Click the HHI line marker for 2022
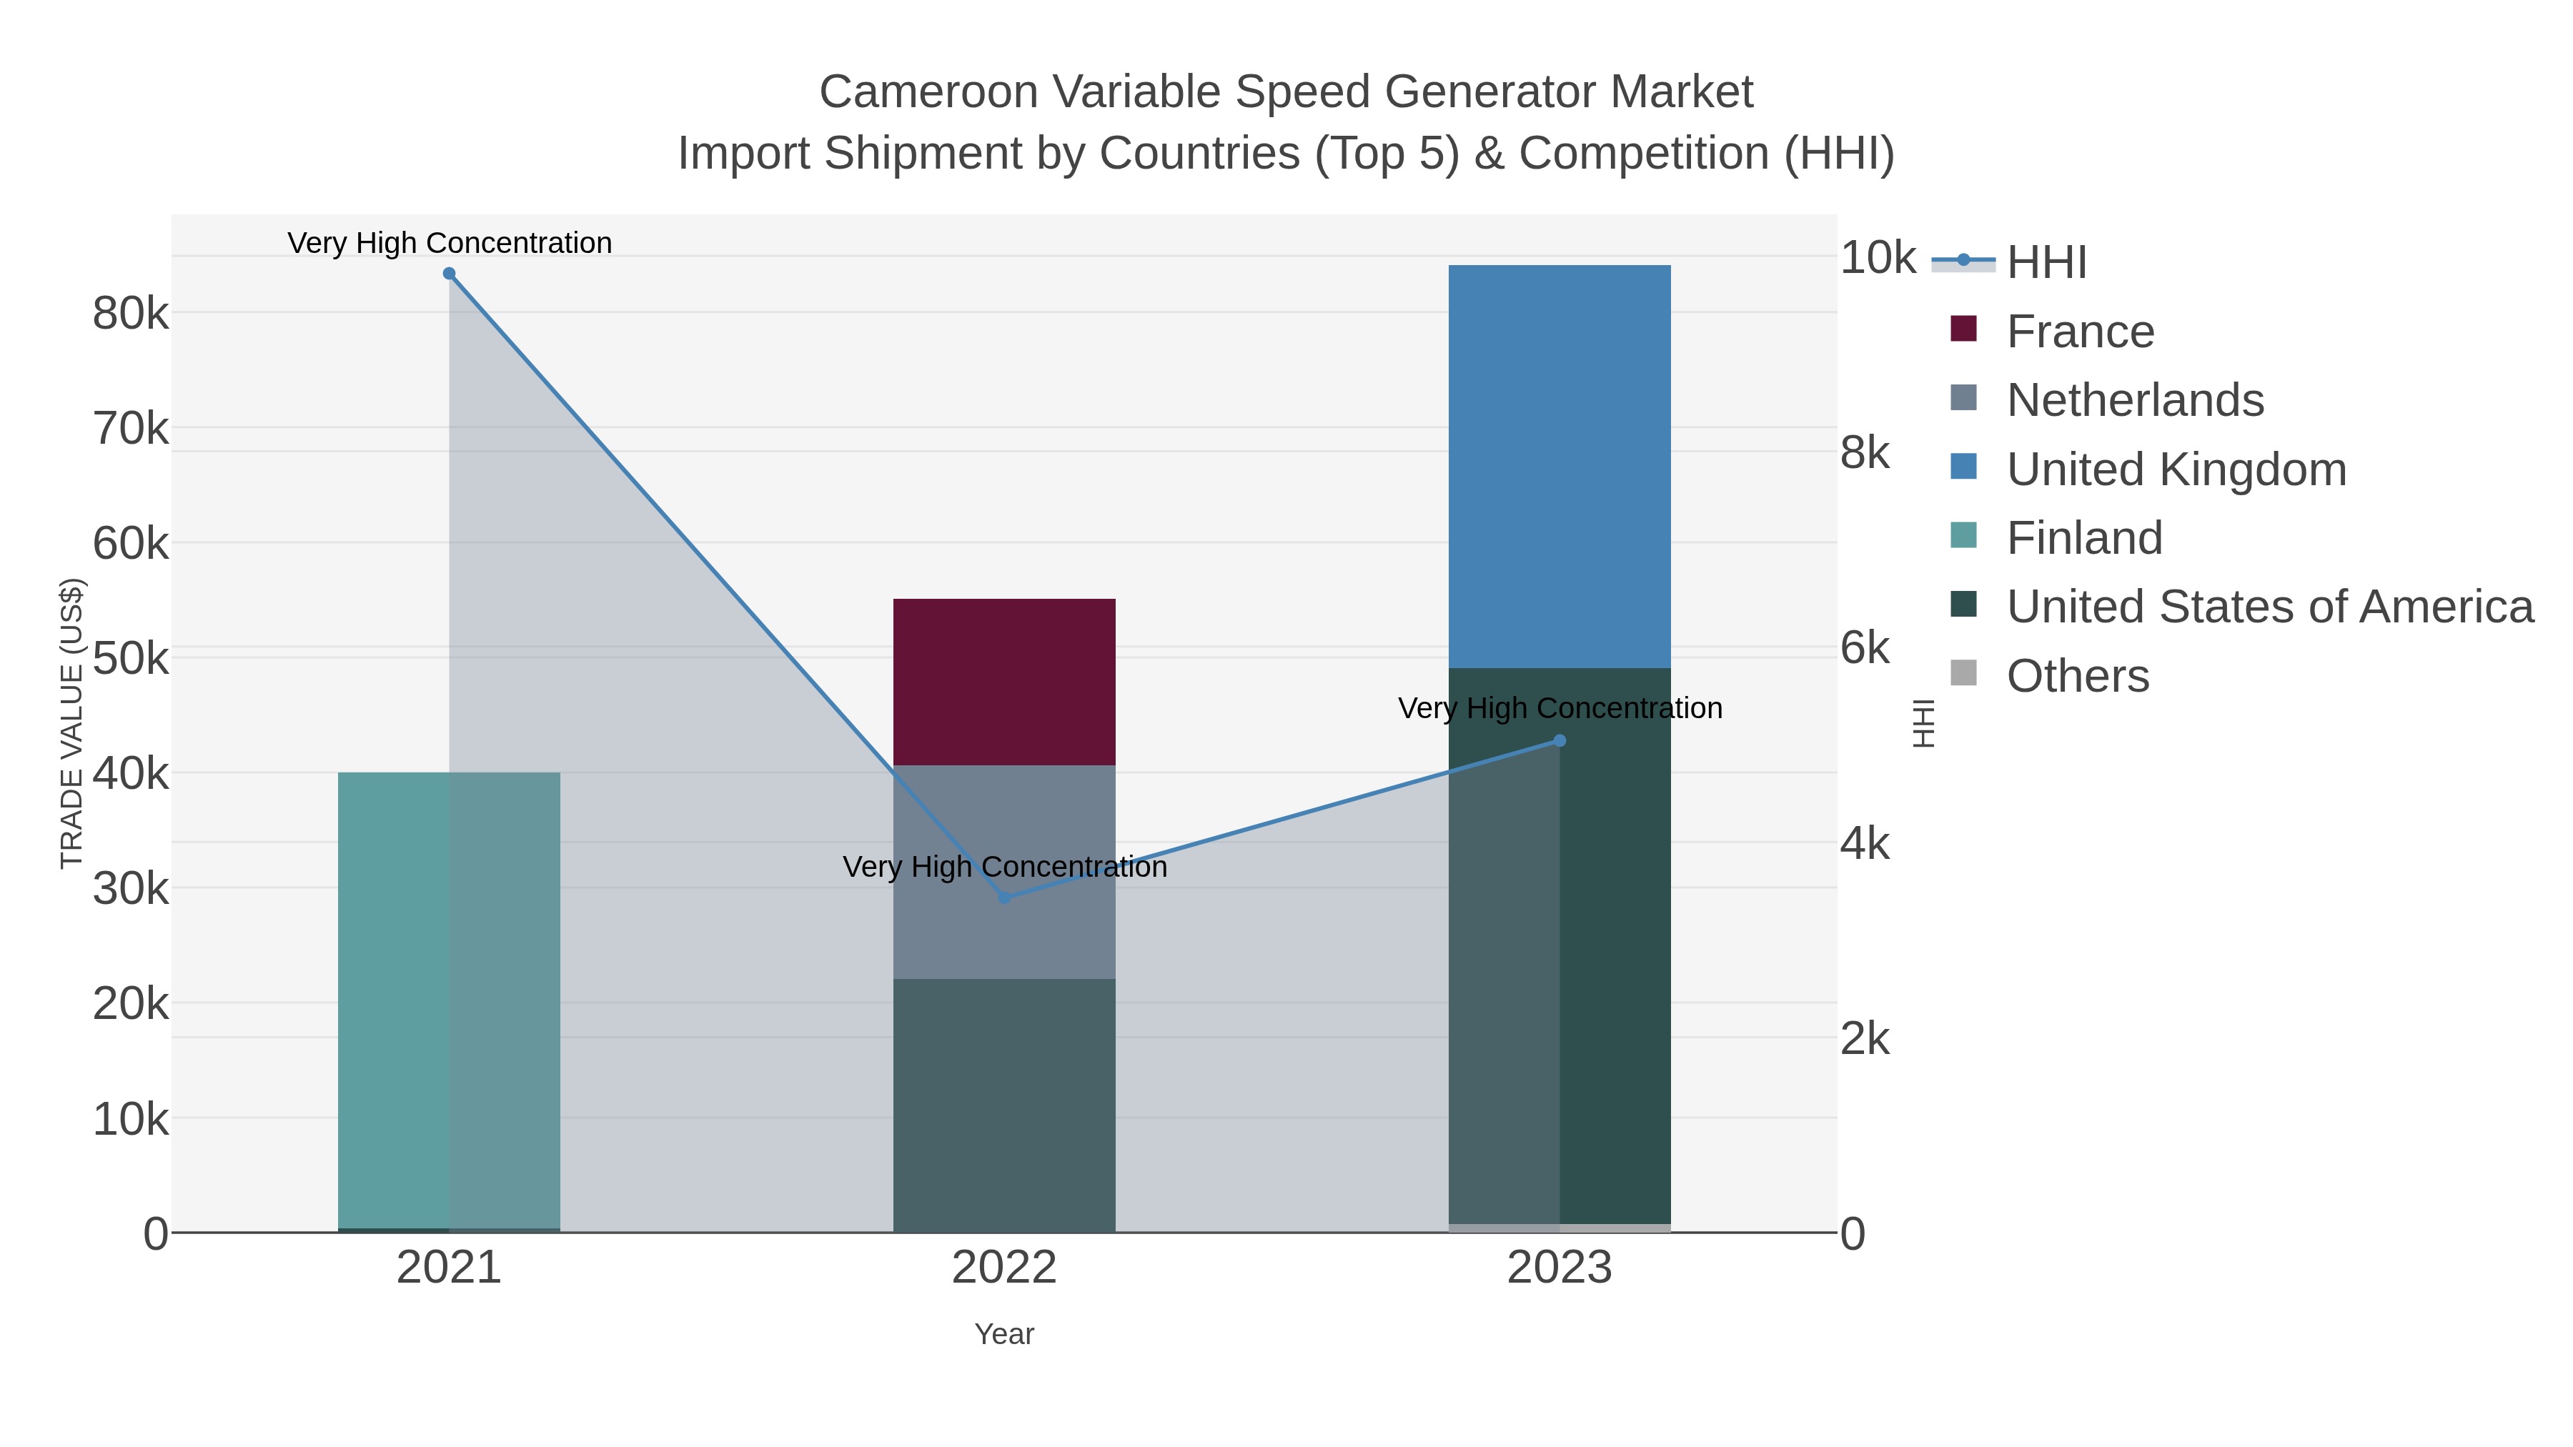coord(1005,897)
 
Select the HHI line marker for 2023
coord(1560,741)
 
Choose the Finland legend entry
coord(2083,538)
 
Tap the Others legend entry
coord(2078,676)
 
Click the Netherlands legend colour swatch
coord(1963,397)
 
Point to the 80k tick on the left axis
coord(131,314)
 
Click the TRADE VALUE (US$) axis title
coord(72,723)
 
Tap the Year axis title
coord(1004,1334)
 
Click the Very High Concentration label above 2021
coord(450,243)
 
